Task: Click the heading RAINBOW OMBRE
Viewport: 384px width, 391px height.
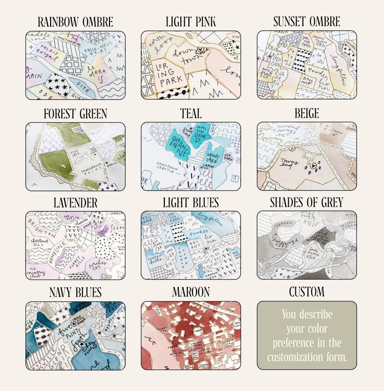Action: tap(75, 22)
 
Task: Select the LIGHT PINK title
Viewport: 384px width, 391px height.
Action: tap(191, 22)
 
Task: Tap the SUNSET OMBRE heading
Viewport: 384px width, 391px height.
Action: tap(307, 22)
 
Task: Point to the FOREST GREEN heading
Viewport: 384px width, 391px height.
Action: tap(75, 113)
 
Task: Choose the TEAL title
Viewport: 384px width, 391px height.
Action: tap(190, 113)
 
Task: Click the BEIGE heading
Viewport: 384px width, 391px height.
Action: tap(307, 113)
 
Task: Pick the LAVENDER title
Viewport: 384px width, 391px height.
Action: tap(75, 203)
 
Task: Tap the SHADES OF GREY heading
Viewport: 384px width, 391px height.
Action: tap(307, 203)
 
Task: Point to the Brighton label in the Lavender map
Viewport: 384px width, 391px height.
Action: tap(40, 232)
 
